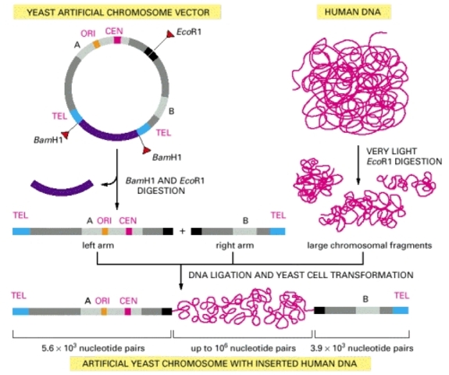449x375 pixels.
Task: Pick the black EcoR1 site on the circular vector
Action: tap(150, 53)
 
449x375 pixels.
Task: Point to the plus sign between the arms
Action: tap(182, 231)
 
